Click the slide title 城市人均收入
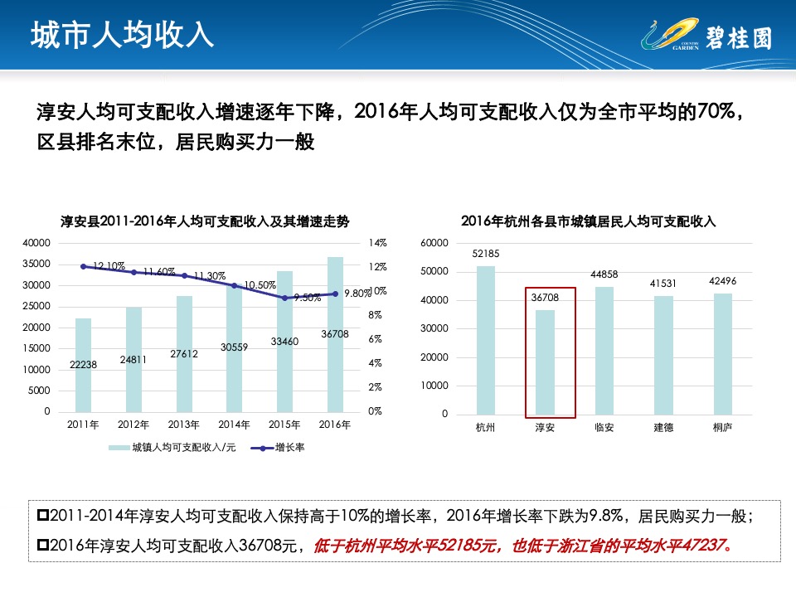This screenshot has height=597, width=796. (122, 35)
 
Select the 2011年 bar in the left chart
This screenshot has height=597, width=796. (83, 365)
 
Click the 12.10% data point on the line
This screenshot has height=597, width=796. (84, 266)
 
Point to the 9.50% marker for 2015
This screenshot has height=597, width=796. (284, 298)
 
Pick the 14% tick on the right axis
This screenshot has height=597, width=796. (377, 243)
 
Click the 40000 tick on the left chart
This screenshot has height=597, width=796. (36, 243)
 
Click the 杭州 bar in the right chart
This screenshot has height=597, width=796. (485, 340)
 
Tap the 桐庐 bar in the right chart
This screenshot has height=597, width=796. (722, 354)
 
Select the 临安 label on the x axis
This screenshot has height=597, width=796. (604, 428)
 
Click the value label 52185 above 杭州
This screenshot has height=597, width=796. (485, 253)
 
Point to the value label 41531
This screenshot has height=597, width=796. (663, 284)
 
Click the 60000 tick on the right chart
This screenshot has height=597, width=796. (435, 243)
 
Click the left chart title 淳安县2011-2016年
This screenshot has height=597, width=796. (205, 221)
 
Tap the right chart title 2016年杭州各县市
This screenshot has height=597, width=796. (588, 221)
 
